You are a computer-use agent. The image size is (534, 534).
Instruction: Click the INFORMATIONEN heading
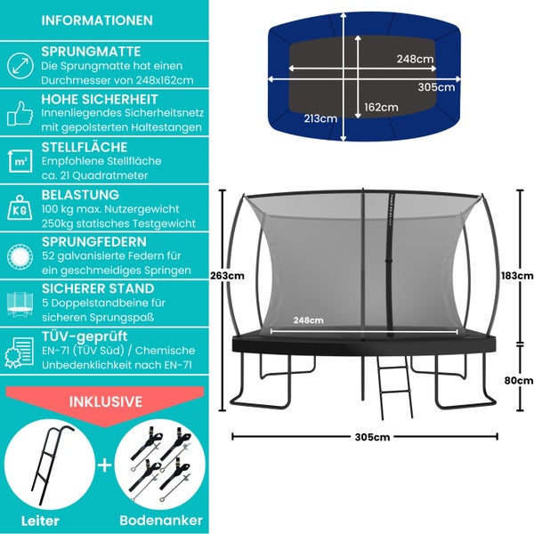[97, 20]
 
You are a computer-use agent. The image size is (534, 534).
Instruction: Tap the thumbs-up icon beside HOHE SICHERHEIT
[20, 113]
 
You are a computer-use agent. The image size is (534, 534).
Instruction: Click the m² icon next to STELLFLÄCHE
[20, 160]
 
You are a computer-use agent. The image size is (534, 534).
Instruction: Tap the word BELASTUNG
[80, 193]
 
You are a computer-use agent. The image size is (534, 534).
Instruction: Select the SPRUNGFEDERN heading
[97, 241]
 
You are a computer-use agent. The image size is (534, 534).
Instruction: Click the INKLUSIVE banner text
[106, 401]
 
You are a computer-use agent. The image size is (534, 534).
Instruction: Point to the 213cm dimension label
[320, 117]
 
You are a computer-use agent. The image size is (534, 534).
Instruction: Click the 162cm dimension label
[381, 107]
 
